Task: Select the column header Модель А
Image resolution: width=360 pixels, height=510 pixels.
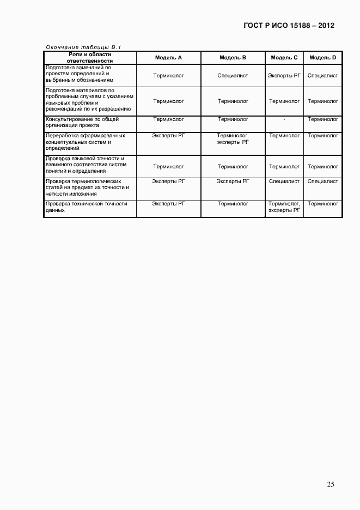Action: pyautogui.click(x=168, y=57)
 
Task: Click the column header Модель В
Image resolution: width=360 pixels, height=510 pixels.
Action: pyautogui.click(x=233, y=57)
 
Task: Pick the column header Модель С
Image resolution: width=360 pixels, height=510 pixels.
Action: pyautogui.click(x=284, y=57)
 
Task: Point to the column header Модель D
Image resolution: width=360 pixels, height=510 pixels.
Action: pyautogui.click(x=323, y=57)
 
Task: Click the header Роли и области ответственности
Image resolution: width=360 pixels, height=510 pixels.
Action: pyautogui.click(x=89, y=57)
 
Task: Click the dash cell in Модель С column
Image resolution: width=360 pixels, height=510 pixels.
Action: pyautogui.click(x=284, y=119)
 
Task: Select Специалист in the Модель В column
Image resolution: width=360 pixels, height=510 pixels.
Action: pyautogui.click(x=233, y=76)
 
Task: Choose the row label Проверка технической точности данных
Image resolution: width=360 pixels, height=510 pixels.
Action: pyautogui.click(x=87, y=207)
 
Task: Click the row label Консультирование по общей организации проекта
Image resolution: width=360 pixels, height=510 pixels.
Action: pyautogui.click(x=82, y=122)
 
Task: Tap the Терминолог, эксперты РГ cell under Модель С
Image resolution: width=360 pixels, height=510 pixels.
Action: pyautogui.click(x=284, y=207)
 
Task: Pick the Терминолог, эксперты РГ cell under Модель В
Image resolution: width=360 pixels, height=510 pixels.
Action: pyautogui.click(x=233, y=139)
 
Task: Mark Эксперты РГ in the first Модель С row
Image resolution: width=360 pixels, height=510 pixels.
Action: pyautogui.click(x=284, y=76)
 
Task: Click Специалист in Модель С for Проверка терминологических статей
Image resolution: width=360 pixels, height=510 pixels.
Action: pyautogui.click(x=284, y=181)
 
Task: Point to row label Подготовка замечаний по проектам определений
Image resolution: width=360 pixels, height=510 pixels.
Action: pyautogui.click(x=80, y=74)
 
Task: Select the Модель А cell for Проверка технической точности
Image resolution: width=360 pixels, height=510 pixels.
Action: pyautogui.click(x=168, y=204)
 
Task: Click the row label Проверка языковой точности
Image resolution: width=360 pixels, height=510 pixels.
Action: pyautogui.click(x=86, y=165)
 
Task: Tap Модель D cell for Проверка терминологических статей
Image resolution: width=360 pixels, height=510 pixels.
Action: pyautogui.click(x=323, y=181)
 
